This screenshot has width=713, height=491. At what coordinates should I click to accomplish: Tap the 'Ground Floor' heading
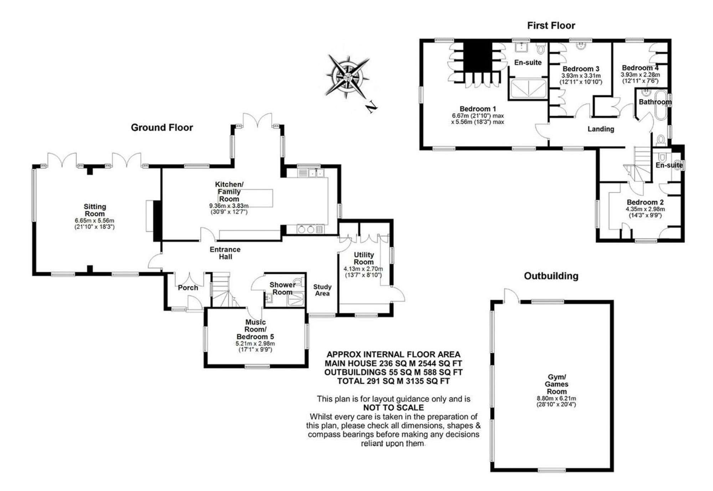coord(162,127)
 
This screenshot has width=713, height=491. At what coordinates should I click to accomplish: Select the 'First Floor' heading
coord(551,26)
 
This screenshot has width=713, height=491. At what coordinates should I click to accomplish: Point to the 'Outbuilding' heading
coord(551,276)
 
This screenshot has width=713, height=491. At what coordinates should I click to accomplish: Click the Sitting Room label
coord(95,210)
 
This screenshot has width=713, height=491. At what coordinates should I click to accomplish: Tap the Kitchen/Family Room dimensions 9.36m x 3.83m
coord(229,206)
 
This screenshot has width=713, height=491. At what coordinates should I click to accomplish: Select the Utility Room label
coord(364,258)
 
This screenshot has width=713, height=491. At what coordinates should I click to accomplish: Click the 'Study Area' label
coord(322,290)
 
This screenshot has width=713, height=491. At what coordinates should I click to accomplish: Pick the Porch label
coord(188,288)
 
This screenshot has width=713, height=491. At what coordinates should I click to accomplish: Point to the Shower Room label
coord(282,288)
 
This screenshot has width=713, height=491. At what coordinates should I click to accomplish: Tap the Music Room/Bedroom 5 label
coord(255,329)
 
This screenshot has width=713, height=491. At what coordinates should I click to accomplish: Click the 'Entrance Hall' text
coord(225,253)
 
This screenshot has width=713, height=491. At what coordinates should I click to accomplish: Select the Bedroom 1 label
coord(478,109)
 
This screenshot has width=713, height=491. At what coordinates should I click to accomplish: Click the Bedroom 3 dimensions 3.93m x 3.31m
coord(581,76)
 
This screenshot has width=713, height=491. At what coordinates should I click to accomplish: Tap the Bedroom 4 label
coord(640,68)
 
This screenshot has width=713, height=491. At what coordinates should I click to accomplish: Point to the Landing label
coord(601,129)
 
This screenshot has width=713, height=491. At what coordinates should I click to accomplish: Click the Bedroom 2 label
coord(645,202)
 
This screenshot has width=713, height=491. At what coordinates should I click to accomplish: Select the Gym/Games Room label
coord(556,384)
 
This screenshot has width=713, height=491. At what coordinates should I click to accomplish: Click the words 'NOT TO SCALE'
coord(394,408)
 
